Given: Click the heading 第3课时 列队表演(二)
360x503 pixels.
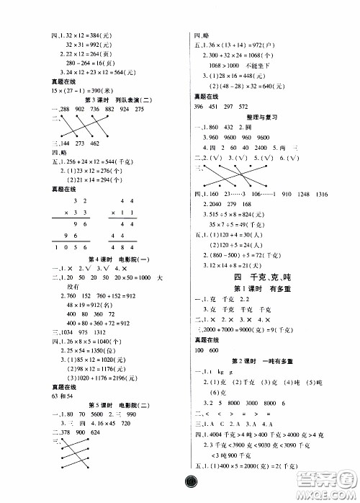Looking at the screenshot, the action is [116, 99].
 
